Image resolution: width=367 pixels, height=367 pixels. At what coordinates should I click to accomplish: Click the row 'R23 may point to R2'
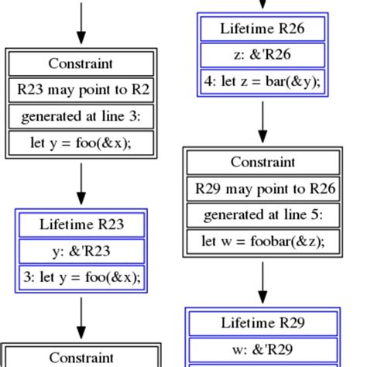pos(81,90)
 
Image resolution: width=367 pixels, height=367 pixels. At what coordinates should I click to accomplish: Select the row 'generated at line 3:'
pos(81,117)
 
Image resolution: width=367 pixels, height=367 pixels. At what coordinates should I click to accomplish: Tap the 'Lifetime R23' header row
pos(81,225)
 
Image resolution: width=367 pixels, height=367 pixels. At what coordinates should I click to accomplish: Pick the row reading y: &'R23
pos(81,252)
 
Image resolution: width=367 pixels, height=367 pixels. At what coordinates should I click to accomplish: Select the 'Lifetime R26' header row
pos(262,29)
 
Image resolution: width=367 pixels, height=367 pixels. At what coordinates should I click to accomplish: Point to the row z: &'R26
pos(262,56)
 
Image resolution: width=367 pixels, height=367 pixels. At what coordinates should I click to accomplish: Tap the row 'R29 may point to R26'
pos(262,188)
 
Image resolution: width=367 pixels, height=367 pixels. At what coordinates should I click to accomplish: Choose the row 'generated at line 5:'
pos(262,214)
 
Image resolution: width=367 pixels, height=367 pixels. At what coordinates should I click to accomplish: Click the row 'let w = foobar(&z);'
pos(262,241)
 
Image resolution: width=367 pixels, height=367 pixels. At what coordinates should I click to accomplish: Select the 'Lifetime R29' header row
pos(262,323)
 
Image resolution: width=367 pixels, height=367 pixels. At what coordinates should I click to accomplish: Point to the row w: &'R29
pos(262,348)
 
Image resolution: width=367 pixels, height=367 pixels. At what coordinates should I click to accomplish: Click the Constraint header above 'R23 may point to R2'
pos(81,63)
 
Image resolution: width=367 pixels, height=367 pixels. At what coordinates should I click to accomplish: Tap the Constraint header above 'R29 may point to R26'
pos(262,162)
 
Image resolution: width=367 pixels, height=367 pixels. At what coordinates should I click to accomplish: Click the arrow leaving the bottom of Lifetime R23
pos(81,317)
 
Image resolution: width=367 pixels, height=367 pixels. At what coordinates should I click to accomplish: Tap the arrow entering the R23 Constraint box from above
pos(81,23)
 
